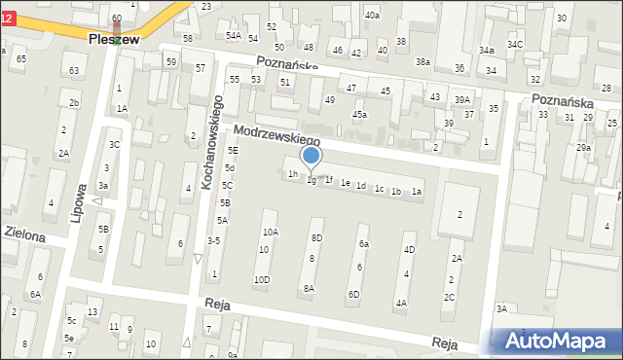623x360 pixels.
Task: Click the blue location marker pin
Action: click(311, 156)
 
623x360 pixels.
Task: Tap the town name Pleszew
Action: click(114, 39)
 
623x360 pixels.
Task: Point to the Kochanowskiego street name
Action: click(217, 140)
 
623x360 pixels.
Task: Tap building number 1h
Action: click(292, 174)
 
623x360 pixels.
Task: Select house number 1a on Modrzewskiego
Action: click(416, 192)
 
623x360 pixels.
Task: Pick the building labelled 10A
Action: click(270, 232)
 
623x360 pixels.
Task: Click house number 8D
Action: click(315, 237)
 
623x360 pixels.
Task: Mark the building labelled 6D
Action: click(354, 294)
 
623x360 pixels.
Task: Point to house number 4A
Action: click(401, 303)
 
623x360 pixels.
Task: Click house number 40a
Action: click(372, 16)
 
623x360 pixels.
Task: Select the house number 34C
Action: click(515, 45)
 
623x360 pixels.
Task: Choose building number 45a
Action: click(360, 115)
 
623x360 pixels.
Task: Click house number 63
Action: click(73, 70)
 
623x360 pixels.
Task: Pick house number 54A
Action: click(234, 36)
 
